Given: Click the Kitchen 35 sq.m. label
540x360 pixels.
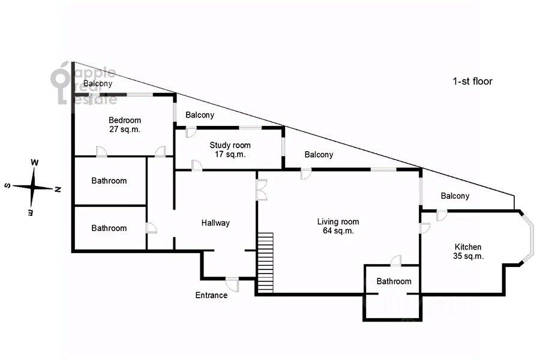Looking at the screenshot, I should [467, 251].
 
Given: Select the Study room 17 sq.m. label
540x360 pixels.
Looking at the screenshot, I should [230, 149].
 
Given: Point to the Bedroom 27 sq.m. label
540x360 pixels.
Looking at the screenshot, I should [124, 124].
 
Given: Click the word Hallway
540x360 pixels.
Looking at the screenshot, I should [215, 223].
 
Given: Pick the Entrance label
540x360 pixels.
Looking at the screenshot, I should [211, 295].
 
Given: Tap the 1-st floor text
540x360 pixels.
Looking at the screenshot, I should [472, 81].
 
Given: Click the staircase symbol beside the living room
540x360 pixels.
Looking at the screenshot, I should [265, 262].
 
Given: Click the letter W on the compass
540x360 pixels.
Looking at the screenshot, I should [35, 163].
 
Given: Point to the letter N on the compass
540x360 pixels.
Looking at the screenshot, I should [58, 189].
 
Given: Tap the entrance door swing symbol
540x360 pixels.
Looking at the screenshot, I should [232, 284].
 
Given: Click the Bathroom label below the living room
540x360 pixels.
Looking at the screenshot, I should [394, 281].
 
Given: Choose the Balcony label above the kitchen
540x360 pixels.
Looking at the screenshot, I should [455, 196].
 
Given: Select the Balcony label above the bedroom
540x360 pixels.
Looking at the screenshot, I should [98, 83].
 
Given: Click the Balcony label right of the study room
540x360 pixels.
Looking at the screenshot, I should [319, 155].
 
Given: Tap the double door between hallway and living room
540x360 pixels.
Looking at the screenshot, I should [261, 190].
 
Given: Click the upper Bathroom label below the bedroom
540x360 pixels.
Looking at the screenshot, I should [109, 181].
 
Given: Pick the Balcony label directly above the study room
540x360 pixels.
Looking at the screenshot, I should [200, 115].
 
